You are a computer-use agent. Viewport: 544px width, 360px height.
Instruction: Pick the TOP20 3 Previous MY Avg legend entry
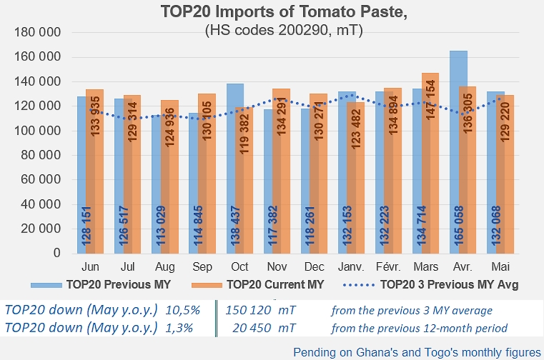pyautogui.click(x=449, y=284)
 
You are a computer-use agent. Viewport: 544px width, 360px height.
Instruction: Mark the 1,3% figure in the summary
pyautogui.click(x=179, y=329)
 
